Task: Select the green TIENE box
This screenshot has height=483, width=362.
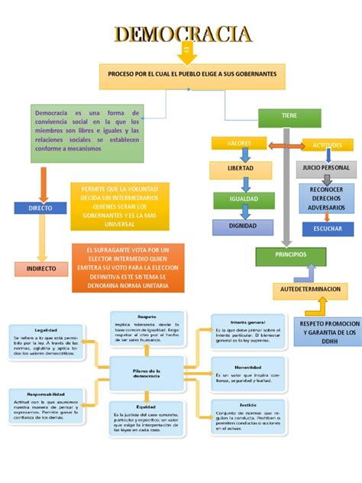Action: pos(289,117)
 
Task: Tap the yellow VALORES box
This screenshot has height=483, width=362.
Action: pos(239,143)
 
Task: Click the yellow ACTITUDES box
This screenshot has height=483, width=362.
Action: pos(327,144)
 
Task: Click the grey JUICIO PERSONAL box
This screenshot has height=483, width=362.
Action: pos(326,167)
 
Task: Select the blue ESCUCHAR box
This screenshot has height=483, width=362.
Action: pos(328,229)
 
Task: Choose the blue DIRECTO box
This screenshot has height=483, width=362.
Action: pos(40,207)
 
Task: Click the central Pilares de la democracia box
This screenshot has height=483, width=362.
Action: pos(147,373)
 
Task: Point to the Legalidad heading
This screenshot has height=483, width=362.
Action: pos(46,330)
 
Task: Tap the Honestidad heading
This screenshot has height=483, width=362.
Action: pos(247,366)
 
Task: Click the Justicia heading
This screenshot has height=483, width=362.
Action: pos(247,406)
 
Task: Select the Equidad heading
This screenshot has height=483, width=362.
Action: pos(147,407)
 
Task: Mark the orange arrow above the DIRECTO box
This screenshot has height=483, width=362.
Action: pos(43,184)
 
